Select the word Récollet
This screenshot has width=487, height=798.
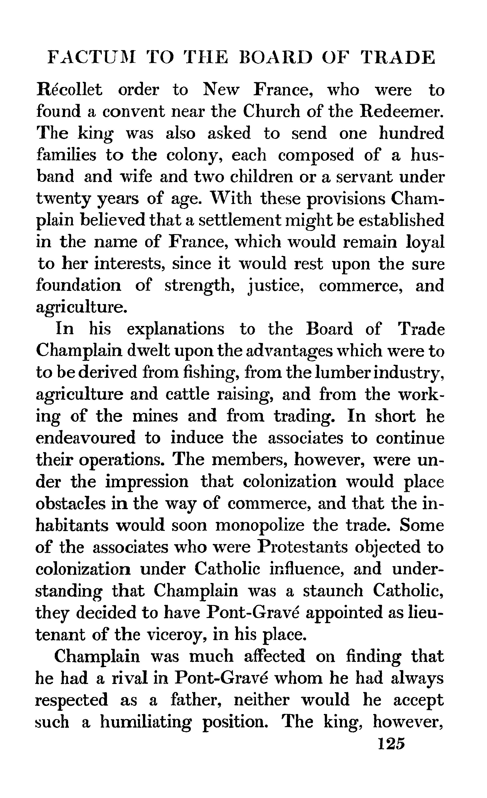click(x=69, y=90)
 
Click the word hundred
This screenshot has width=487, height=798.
click(x=411, y=133)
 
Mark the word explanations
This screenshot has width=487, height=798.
click(x=175, y=329)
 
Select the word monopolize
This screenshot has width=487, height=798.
click(x=260, y=525)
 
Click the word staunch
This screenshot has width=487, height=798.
click(x=333, y=591)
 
